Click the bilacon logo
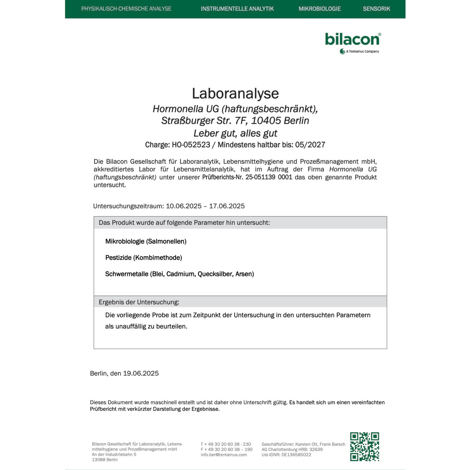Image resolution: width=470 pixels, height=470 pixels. [353, 40]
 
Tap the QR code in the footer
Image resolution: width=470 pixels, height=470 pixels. [364, 446]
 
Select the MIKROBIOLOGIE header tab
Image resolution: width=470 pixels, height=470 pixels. [319, 9]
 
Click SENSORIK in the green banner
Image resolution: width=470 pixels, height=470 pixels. [376, 9]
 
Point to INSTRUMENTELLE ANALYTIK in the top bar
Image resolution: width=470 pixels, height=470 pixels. [237, 9]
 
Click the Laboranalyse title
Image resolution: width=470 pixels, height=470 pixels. [235, 93]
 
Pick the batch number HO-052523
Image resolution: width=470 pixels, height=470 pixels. [191, 145]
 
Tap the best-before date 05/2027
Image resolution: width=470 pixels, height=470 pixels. [310, 145]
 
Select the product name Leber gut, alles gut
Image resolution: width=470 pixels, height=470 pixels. [235, 133]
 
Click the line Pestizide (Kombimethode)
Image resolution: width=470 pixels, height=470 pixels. [143, 258]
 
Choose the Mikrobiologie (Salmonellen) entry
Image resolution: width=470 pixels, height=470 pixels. [146, 241]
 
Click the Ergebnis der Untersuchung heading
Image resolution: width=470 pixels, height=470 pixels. [139, 302]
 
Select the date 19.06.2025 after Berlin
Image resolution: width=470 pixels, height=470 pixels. [141, 373]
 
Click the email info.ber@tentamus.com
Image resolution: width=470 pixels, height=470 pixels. [223, 455]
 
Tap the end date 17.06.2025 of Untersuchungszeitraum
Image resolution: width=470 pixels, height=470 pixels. [227, 206]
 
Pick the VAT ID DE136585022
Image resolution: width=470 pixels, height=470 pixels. [296, 455]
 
